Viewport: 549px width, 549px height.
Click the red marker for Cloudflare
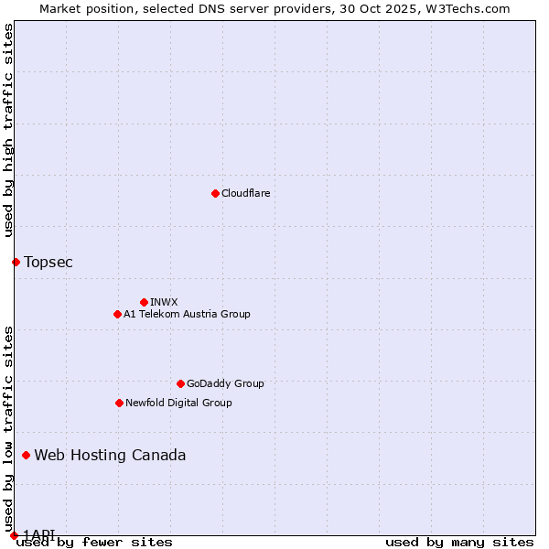215,193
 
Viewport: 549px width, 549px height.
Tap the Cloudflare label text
245,193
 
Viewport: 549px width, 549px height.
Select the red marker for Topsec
16,263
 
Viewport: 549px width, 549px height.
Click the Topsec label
48,263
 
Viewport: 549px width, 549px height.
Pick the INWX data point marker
144,302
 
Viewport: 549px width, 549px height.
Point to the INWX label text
164,302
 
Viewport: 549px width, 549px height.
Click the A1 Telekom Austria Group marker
117,315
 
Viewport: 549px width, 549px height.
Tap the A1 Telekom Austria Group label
187,315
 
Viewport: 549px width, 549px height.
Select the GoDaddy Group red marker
180,384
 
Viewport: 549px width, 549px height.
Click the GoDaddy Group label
225,384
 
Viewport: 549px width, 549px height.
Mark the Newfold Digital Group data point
119,403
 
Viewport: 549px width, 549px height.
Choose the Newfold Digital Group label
178,403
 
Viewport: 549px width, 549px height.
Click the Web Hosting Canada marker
26,456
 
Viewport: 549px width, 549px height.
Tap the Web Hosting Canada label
110,456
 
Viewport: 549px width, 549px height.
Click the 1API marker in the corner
14,535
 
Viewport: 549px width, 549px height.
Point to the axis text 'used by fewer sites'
94,543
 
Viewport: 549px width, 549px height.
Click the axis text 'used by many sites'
459,543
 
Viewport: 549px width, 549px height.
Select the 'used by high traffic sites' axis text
8,130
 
